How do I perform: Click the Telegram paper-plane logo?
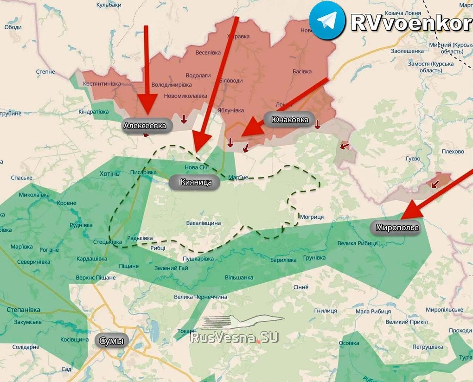click(x=327, y=20)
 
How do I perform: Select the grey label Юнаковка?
click(x=290, y=120)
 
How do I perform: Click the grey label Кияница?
click(x=197, y=182)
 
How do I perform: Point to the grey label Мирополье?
click(x=397, y=228)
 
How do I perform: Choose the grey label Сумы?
click(x=112, y=341)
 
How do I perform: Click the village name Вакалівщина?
click(x=204, y=223)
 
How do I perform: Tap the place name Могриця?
click(x=312, y=217)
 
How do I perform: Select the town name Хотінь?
click(x=109, y=173)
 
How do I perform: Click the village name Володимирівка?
click(x=172, y=85)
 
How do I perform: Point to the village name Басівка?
click(x=302, y=71)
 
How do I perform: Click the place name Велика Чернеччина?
click(x=201, y=297)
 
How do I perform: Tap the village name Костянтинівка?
click(x=102, y=83)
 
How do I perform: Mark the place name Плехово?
click(x=453, y=152)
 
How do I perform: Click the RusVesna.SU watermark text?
click(x=235, y=337)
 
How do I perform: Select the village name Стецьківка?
click(x=108, y=242)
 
